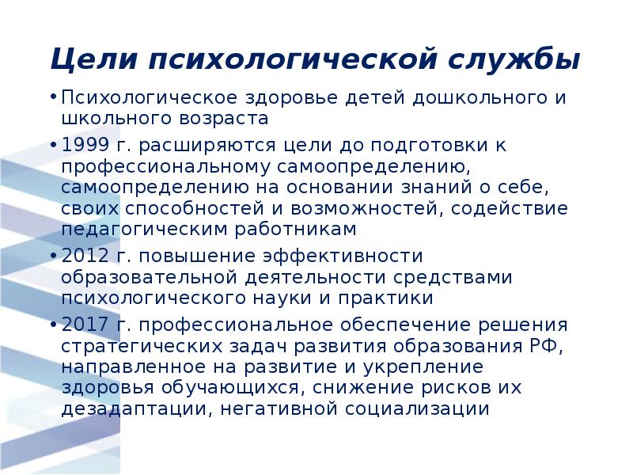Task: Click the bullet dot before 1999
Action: pos(52,146)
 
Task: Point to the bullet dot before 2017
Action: pos(52,326)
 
